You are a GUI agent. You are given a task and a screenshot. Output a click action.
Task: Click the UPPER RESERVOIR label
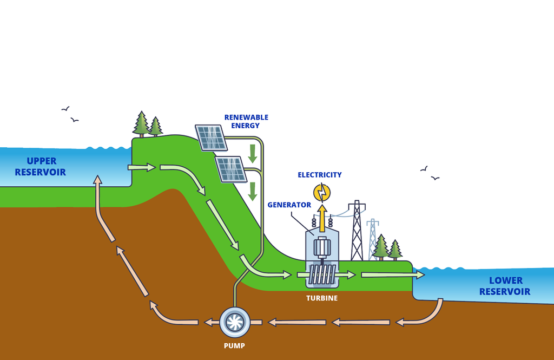pos(41,167)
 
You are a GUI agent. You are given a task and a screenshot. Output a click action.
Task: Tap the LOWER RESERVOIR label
pos(504,286)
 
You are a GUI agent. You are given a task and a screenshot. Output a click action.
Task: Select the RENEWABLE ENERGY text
pos(246,121)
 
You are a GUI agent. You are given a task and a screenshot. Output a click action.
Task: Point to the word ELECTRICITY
pos(320,175)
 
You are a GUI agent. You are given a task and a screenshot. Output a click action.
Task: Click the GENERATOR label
pos(289,205)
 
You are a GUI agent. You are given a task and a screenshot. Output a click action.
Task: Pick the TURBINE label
pos(322,298)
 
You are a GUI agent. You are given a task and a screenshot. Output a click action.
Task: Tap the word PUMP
pos(235,344)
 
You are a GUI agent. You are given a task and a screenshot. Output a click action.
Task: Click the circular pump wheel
pos(235,322)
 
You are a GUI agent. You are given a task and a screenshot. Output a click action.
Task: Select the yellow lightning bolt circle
pos(322,192)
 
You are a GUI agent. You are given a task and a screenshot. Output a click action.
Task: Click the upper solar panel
pos(211,137)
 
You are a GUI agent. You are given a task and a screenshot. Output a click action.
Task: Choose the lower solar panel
pos(232,168)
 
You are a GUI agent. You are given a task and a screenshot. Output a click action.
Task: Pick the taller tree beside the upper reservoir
pos(141,124)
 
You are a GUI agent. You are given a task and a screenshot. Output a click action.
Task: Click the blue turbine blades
pos(322,274)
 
